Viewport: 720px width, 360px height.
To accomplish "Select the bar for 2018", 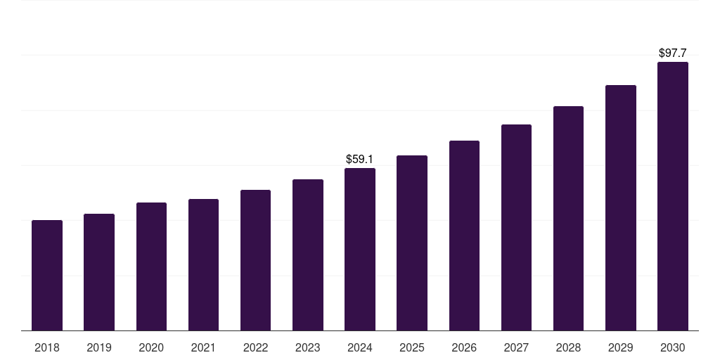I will coord(47,275).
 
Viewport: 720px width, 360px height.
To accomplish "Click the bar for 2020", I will coord(151,266).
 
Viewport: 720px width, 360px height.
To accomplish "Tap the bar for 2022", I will coord(255,260).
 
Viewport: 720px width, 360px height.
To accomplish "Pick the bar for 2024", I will coord(359,249).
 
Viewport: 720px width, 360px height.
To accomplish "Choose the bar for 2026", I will coord(464,236).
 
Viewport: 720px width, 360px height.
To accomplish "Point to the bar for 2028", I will coord(568,218).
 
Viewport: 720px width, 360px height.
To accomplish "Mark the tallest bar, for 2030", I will coord(672,196).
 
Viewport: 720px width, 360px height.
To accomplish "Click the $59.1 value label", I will coord(359,160).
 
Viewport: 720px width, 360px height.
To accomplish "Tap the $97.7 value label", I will coord(672,53).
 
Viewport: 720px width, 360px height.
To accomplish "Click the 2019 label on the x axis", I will coord(99,347).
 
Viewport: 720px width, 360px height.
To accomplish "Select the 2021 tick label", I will coord(203,347).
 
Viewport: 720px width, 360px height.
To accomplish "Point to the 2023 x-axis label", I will coord(307,347).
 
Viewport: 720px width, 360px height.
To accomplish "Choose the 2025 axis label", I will coord(412,347).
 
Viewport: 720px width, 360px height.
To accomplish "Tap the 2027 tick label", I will coord(516,347).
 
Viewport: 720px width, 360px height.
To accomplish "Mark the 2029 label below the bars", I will coord(620,347).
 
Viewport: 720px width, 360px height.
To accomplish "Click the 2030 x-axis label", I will coord(672,347).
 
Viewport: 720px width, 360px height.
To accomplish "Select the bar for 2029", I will coord(620,207).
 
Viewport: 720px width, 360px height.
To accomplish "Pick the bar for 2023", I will coord(307,255).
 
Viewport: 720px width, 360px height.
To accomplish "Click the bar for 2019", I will coord(99,272).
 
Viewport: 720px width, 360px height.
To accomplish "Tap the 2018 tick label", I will coord(47,347).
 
